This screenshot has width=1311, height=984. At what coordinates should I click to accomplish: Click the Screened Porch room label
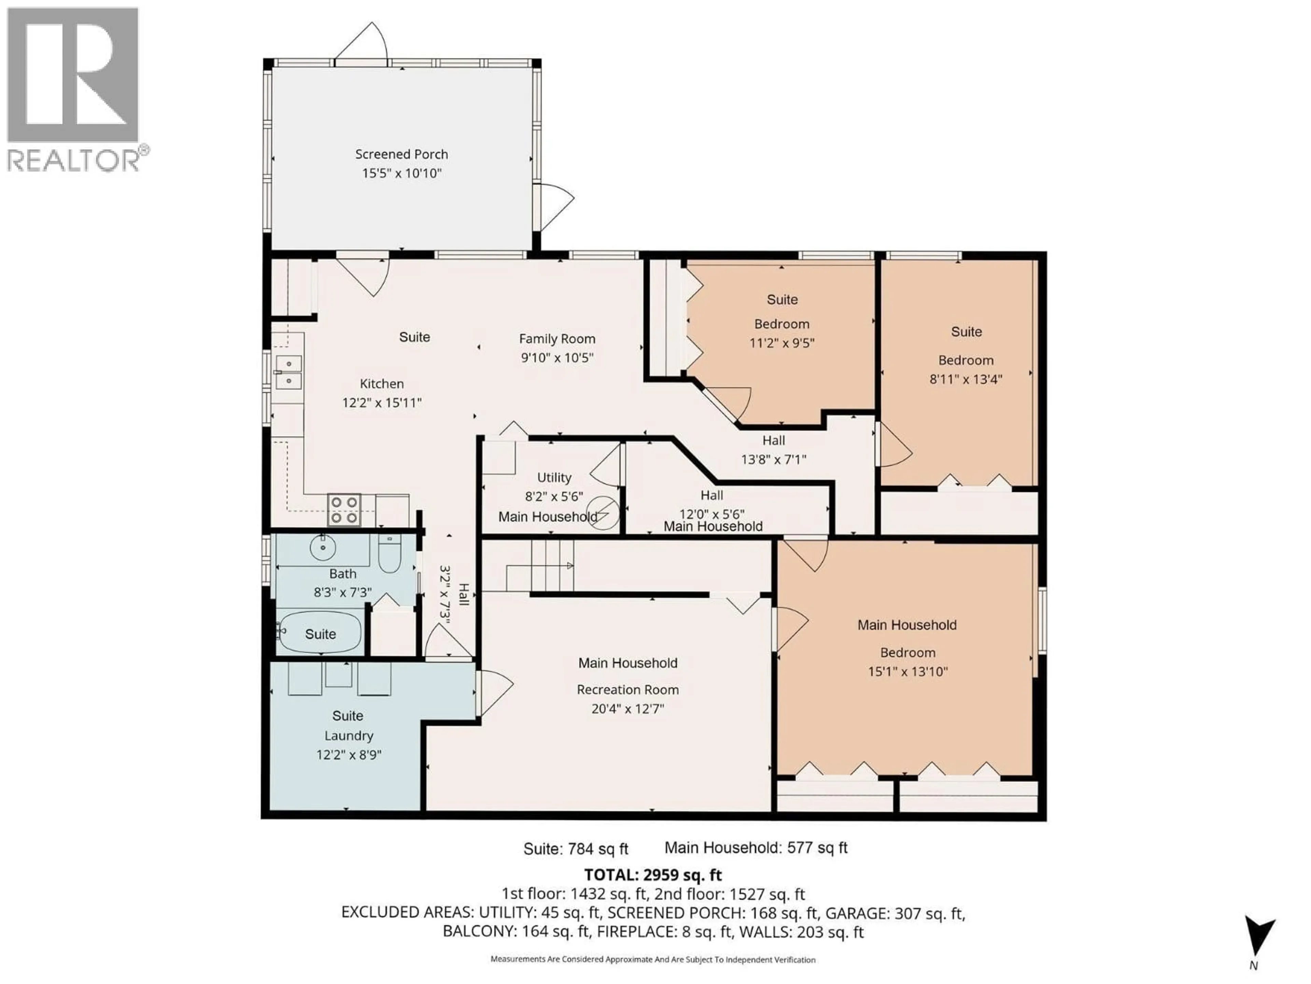[401, 154]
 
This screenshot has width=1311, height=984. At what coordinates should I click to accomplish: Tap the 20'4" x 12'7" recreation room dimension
[628, 708]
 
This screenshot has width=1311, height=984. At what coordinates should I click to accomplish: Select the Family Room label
[557, 339]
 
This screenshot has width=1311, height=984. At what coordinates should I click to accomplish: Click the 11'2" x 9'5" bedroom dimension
[782, 343]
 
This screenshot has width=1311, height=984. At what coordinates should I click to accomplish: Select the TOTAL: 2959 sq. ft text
[653, 875]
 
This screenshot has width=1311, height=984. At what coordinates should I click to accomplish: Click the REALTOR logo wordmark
[74, 160]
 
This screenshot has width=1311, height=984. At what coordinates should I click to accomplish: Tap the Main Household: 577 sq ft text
[756, 848]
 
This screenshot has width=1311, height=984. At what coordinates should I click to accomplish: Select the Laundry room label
[349, 736]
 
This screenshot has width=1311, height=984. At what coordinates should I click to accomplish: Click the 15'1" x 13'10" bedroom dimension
[907, 671]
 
